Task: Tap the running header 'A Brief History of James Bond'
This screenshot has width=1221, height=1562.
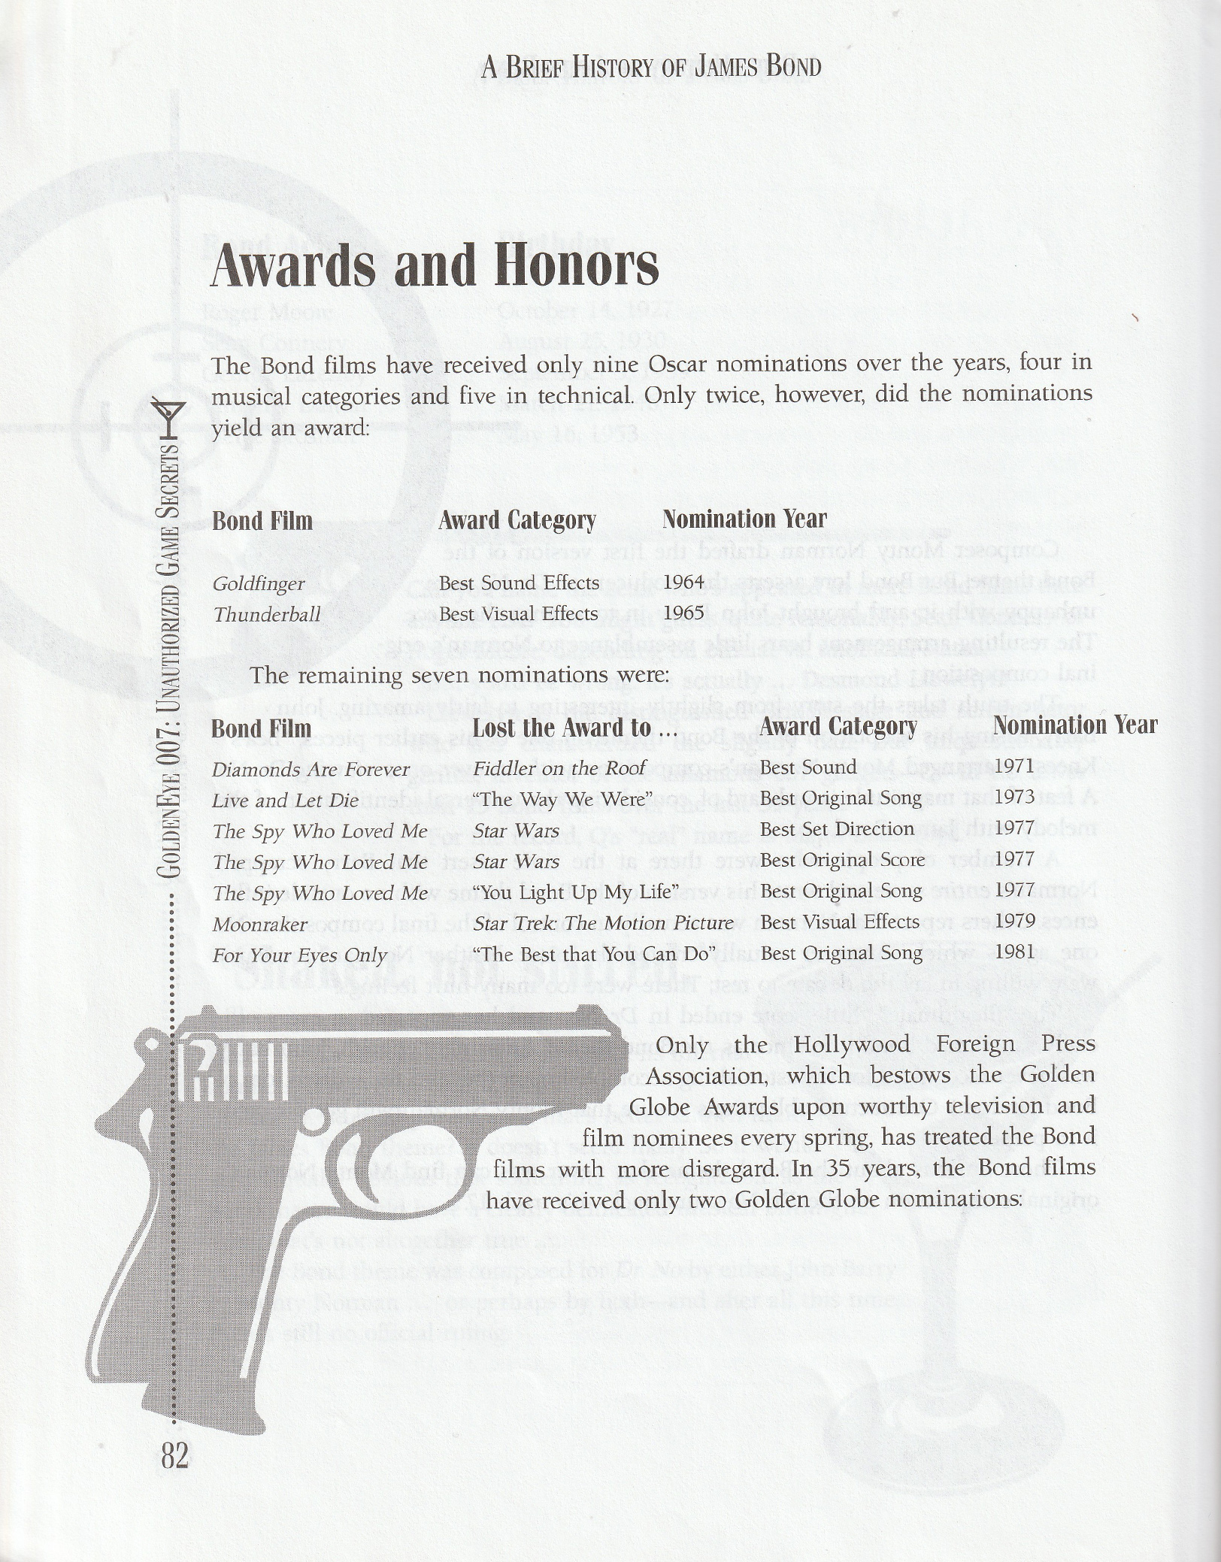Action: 650,68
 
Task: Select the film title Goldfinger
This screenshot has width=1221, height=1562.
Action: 259,584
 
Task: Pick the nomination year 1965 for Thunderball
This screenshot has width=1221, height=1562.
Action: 683,613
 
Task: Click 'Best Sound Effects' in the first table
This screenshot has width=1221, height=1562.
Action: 519,583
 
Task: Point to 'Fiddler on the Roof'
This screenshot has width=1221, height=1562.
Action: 559,768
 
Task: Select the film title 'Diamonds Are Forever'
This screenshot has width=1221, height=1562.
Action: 311,770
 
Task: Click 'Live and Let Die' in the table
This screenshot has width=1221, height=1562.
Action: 286,801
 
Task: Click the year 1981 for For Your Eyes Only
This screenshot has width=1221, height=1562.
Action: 1014,952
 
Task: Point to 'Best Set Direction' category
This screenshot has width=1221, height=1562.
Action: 836,829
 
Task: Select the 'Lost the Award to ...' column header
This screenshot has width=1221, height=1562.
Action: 575,728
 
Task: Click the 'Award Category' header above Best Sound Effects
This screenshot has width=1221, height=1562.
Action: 517,520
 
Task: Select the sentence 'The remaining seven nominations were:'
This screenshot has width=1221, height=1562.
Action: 459,675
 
